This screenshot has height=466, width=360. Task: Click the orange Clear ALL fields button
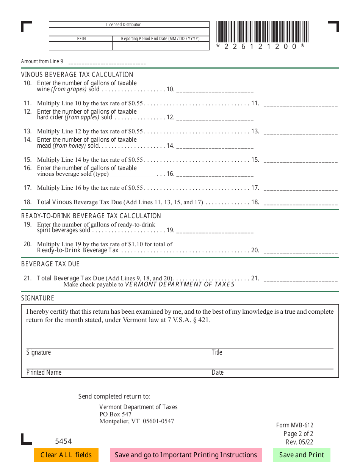pos(66,455)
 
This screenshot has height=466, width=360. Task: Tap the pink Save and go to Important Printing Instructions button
pos(186,455)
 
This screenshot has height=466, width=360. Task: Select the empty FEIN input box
pos(80,46)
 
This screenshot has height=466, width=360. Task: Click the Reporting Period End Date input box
pos(161,46)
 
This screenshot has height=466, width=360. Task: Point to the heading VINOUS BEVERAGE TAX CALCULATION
pos(77,75)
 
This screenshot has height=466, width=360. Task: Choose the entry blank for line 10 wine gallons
pos(215,90)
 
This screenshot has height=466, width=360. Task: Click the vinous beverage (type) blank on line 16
pos(133,174)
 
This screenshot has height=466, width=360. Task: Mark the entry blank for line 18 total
pos(300,203)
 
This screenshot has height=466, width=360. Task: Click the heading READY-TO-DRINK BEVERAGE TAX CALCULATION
pos(91,216)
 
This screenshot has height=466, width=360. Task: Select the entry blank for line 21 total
pos(300,279)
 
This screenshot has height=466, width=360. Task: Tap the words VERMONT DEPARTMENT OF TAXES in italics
pos(180,285)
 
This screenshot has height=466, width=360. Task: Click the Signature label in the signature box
pos(39,352)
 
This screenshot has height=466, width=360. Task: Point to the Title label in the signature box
pos(217,352)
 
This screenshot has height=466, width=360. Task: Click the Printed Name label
pos(44,372)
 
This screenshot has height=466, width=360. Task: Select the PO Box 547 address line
pos(116,414)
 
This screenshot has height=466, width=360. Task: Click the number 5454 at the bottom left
pos(63,441)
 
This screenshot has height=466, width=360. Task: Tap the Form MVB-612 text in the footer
pos(294,425)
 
